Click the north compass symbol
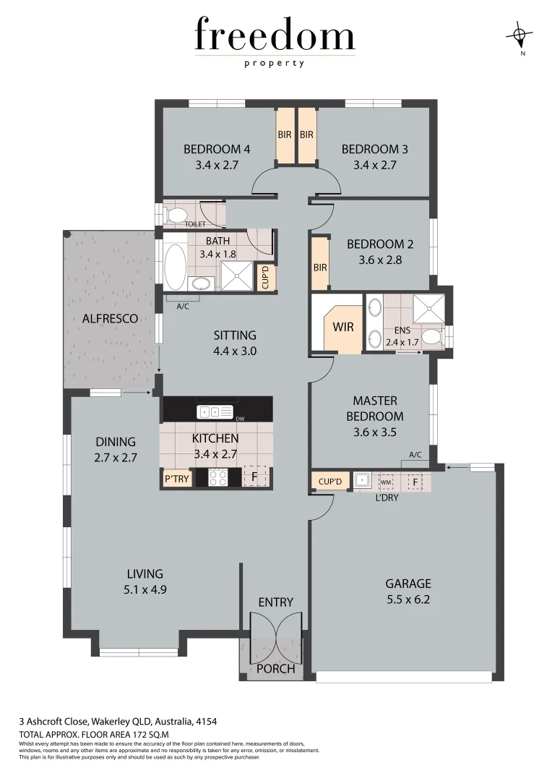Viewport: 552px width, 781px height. pos(519,33)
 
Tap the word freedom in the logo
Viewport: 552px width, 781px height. pos(275,36)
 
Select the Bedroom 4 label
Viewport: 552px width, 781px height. pos(217,150)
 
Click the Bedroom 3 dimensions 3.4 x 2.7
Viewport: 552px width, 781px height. pos(374,165)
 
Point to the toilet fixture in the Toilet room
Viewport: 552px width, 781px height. pos(176,214)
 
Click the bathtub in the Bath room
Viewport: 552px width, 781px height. pos(175,266)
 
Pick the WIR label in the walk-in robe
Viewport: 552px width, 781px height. pos(342,327)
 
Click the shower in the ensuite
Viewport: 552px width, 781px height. pos(428,309)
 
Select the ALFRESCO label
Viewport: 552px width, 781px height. pos(110,318)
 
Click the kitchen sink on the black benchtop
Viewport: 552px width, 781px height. pos(216,412)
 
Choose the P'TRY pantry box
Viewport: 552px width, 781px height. pos(176,478)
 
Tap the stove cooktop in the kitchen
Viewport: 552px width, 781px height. pos(218,477)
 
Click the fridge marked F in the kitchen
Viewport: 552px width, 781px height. pos(254,477)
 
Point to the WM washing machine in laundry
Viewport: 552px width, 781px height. pos(386,481)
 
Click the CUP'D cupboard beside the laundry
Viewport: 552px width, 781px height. pos(330,480)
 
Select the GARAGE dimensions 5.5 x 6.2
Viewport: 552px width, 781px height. pos(407,599)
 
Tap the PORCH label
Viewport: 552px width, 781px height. pos(276,669)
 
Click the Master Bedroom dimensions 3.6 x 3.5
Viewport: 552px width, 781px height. pos(374,432)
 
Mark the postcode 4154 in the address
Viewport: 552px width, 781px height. pos(207,721)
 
